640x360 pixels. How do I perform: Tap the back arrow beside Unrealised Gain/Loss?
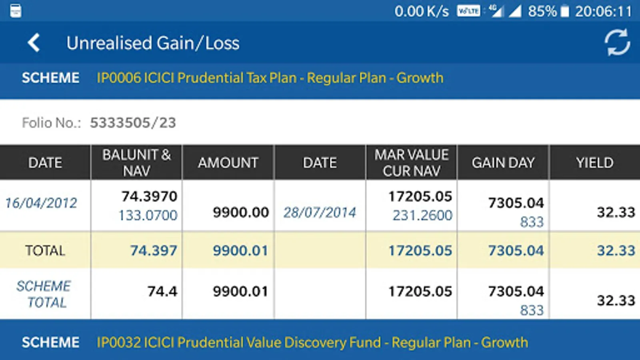(x=34, y=43)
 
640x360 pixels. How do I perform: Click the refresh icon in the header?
(x=617, y=42)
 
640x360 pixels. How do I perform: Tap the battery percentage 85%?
(x=542, y=11)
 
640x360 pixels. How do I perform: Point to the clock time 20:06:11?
(x=603, y=11)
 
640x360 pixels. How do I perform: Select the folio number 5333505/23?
(x=133, y=123)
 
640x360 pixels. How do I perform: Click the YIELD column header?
(x=594, y=163)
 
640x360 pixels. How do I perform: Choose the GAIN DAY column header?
(x=503, y=163)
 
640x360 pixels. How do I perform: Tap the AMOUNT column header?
(x=228, y=163)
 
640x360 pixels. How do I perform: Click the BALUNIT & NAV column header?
(x=136, y=163)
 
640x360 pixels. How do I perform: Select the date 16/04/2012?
(x=41, y=203)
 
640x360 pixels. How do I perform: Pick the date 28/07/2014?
(x=320, y=212)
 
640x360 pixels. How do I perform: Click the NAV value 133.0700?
(x=148, y=216)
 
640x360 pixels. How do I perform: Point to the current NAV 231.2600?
(x=422, y=216)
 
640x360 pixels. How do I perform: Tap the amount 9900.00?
(x=240, y=212)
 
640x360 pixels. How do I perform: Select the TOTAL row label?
(x=45, y=251)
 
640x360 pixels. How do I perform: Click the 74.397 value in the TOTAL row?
(x=153, y=251)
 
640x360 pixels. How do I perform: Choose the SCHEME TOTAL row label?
(x=44, y=294)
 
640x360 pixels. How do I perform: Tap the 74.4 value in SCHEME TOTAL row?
(x=162, y=292)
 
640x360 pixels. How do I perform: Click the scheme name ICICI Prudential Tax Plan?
(x=270, y=78)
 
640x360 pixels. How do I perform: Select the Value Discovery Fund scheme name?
(x=312, y=342)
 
